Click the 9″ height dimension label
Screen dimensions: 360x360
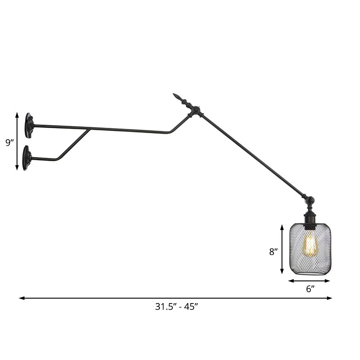pyautogui.click(x=10, y=143)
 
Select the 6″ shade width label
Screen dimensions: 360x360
pyautogui.click(x=311, y=288)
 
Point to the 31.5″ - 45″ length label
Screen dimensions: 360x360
pyautogui.click(x=177, y=307)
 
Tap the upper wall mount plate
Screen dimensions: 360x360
pyautogui.click(x=29, y=126)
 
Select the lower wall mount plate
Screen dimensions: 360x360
pyautogui.click(x=26, y=158)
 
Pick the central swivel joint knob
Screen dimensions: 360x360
pyautogui.click(x=195, y=110)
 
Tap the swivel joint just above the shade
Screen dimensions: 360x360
pyautogui.click(x=310, y=201)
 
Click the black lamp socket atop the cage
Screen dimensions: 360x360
pyautogui.click(x=310, y=220)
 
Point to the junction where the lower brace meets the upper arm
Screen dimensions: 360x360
pyautogui.click(x=89, y=129)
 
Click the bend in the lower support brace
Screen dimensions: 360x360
pyautogui.click(x=57, y=159)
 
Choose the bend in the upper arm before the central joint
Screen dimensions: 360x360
pyautogui.click(x=170, y=133)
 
